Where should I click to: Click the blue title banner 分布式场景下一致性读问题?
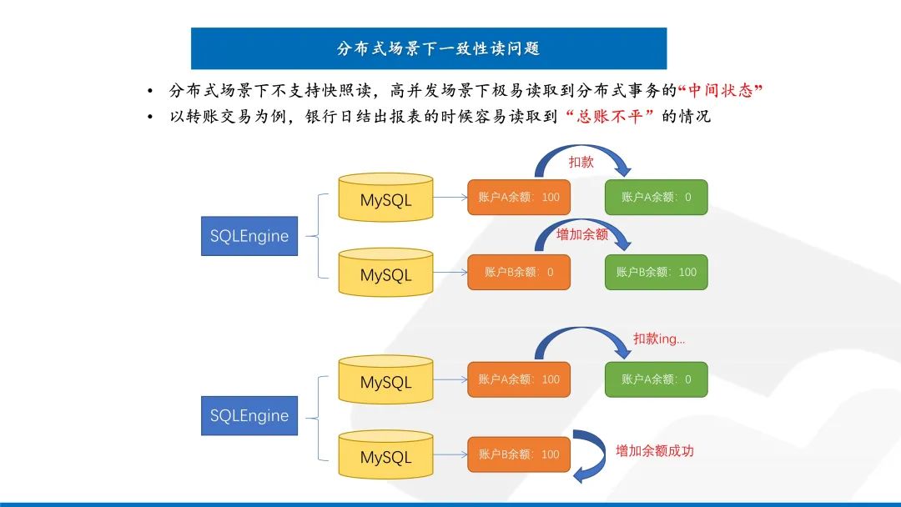428,48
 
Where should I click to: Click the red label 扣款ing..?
659,339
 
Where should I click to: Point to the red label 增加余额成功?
655,451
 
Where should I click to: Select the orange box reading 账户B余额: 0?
519,272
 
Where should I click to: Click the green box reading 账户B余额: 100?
656,272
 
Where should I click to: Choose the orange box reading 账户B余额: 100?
519,454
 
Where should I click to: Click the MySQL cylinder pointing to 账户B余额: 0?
385,272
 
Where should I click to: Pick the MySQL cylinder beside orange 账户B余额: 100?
385,454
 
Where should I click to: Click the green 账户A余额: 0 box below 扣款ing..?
656,379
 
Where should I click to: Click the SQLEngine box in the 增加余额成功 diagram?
249,415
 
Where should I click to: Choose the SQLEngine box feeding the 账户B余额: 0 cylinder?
249,236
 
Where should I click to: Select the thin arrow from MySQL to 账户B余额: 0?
450,272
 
